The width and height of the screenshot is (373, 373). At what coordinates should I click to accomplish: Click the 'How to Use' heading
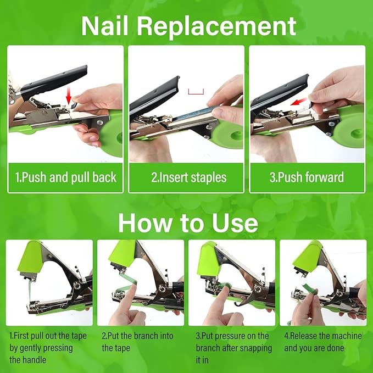187,223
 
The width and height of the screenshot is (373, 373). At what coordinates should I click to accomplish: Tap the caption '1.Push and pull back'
65,177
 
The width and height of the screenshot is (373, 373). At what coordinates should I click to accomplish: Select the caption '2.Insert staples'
186,177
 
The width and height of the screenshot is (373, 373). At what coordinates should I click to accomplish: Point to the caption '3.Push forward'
307,177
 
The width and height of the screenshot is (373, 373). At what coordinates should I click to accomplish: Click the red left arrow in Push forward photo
299,102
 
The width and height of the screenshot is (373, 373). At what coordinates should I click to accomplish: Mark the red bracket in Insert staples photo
196,91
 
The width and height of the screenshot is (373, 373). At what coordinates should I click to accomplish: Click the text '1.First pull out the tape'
48,336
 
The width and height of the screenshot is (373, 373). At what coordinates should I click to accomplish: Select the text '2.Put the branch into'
137,336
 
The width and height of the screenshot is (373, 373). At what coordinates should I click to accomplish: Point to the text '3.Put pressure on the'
232,336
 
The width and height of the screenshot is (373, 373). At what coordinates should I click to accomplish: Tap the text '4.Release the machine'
323,336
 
